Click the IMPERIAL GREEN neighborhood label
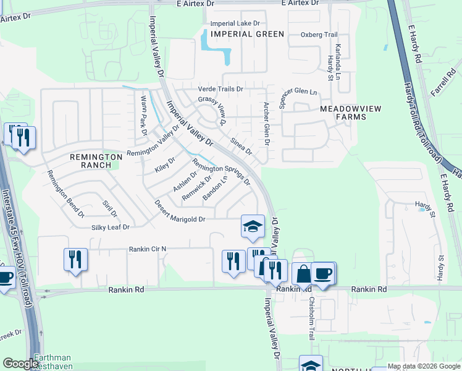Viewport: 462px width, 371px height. tap(247, 34)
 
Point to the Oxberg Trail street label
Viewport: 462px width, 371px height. tap(319, 35)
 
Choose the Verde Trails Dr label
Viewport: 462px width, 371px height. tap(220, 89)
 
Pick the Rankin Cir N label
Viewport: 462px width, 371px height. tap(148, 249)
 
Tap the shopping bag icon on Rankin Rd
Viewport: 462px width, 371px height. tap(303, 274)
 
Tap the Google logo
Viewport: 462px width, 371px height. tap(20, 364)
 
